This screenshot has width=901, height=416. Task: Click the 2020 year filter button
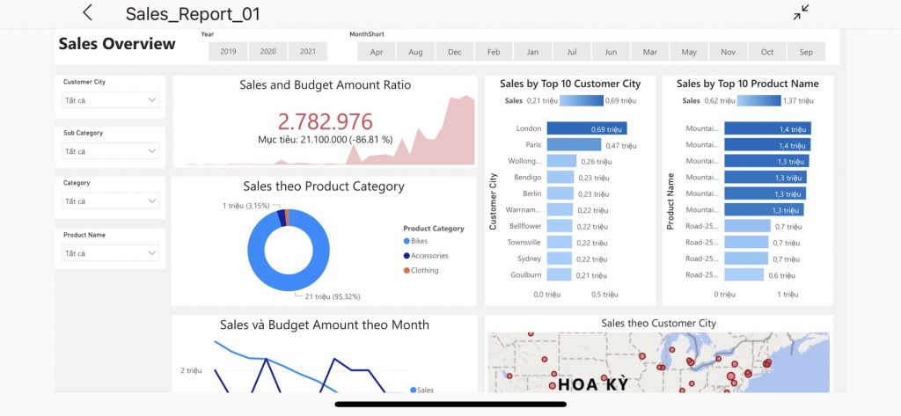click(x=267, y=51)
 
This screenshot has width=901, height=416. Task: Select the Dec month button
click(x=455, y=52)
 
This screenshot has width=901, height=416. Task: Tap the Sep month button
click(x=806, y=52)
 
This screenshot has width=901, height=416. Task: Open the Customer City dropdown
click(x=110, y=100)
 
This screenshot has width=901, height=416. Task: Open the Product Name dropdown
click(x=110, y=252)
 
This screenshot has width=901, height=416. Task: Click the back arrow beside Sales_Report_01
click(x=87, y=12)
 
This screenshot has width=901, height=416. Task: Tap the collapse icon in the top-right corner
click(x=801, y=12)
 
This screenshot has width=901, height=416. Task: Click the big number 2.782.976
click(x=326, y=122)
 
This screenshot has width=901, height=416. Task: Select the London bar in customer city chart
click(x=587, y=128)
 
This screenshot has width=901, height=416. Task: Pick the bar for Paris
click(x=574, y=145)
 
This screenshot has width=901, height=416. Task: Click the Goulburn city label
click(x=526, y=274)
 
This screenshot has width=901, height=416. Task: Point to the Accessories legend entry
click(x=426, y=256)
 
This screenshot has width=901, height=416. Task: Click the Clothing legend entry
click(x=421, y=270)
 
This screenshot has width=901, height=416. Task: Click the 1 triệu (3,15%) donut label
click(x=246, y=205)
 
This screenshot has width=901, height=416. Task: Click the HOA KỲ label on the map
click(x=594, y=383)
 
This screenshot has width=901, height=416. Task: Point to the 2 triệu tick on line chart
click(x=191, y=370)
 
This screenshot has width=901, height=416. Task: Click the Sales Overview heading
click(x=117, y=44)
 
